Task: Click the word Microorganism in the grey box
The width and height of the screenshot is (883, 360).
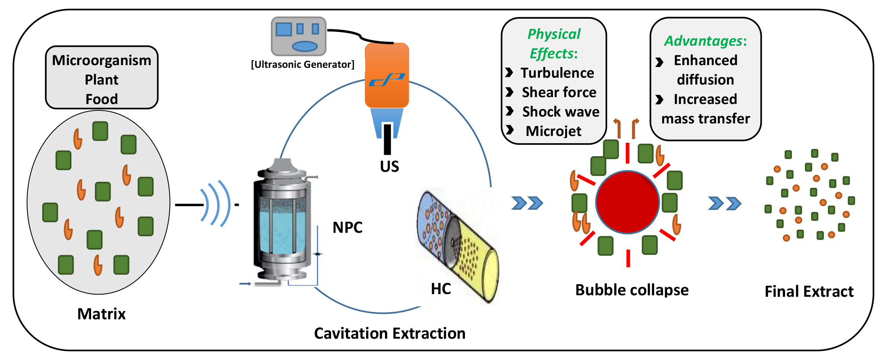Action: coord(101,61)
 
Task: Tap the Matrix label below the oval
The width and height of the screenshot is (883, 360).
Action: coord(101,314)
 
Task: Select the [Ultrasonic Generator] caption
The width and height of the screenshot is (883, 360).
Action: coord(303,64)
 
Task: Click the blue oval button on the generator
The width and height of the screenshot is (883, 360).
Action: coord(304,46)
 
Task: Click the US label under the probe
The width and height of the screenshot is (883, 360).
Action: coord(389,166)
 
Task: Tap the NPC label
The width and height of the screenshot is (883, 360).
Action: coord(347,227)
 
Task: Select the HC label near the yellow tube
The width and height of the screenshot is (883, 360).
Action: coord(441,289)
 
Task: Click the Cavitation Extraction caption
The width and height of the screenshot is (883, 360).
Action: coord(389,333)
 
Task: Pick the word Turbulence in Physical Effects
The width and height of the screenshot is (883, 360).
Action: coord(557,73)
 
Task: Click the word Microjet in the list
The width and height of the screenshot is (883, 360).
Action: coord(553,131)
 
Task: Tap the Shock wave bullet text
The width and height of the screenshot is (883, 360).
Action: coord(561,112)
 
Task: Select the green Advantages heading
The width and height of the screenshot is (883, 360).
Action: coord(705,41)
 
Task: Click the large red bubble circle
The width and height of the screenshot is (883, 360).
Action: coord(627,202)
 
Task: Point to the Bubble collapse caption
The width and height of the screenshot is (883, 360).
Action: coord(632,290)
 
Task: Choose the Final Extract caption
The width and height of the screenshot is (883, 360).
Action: coord(809,291)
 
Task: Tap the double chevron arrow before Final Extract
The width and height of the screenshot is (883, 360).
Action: coord(724,203)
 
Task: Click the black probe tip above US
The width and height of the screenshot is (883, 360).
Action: coord(387,139)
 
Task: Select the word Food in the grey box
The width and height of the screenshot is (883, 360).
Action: coord(101,99)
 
